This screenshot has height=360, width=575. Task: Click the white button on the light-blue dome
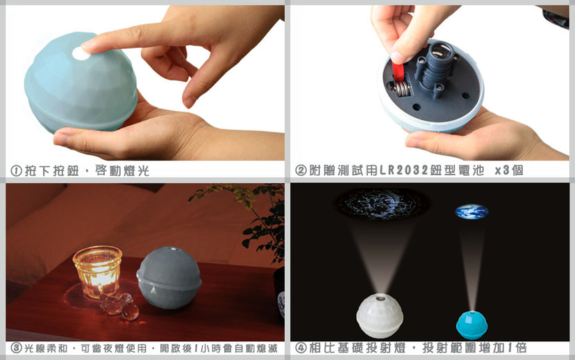coord(81,54)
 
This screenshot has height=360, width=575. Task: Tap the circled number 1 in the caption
coord(16,171)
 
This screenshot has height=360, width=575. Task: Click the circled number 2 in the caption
coord(301,170)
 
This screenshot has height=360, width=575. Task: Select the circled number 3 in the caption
coord(16,348)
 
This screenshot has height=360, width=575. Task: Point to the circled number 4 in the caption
coord(301,348)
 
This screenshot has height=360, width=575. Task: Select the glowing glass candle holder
coord(97,271)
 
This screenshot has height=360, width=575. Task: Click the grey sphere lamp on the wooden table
coord(169,277)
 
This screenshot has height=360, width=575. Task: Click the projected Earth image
coord(472,212)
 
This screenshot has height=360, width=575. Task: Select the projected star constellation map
coord(383,204)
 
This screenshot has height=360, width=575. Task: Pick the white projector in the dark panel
coord(380,316)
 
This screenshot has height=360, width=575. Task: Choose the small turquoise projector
coord(472,325)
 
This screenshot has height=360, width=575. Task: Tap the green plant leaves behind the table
coord(253,217)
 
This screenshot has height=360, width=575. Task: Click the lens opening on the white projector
coord(381,298)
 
